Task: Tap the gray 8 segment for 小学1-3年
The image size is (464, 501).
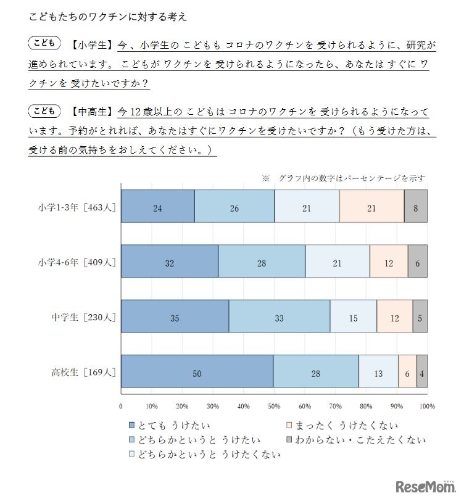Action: click(x=415, y=208)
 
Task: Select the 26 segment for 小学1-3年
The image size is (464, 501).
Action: click(x=234, y=208)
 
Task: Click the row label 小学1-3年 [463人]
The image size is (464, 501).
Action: click(x=75, y=208)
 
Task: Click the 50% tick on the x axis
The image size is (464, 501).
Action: click(x=274, y=406)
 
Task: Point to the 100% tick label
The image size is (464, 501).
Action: click(x=427, y=406)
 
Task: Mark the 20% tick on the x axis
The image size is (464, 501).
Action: click(x=182, y=406)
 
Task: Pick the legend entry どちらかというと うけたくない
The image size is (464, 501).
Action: click(x=204, y=455)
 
